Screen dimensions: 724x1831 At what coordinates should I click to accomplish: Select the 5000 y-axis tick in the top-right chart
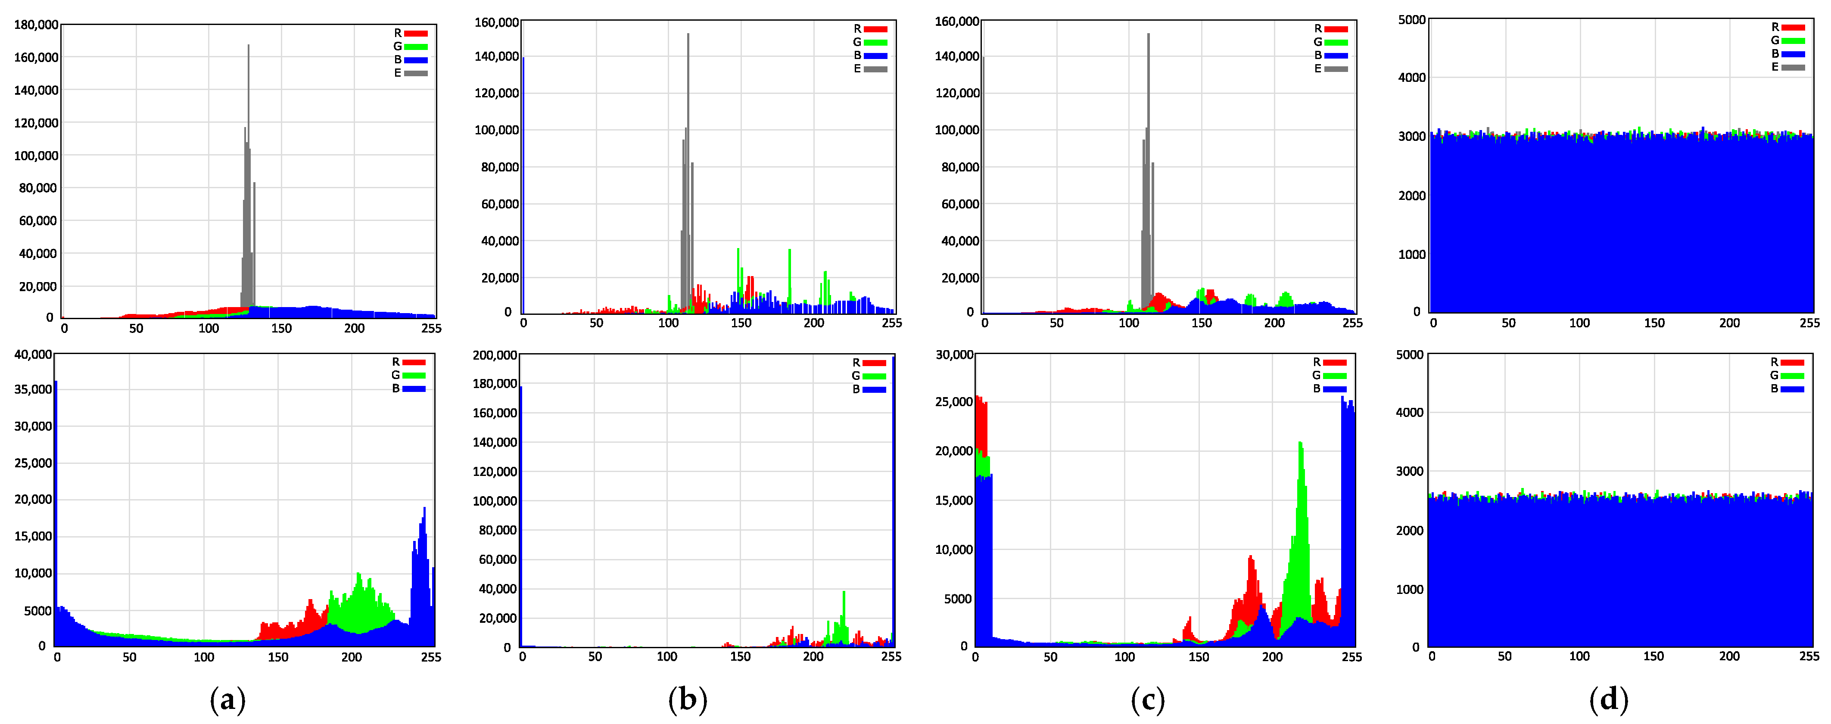(1412, 20)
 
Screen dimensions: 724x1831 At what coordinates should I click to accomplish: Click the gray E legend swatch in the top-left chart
(416, 73)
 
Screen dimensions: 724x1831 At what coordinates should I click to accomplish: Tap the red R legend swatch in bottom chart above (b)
(874, 363)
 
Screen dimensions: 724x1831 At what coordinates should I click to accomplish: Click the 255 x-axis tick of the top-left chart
(431, 328)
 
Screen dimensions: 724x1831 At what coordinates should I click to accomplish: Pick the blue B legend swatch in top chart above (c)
(1336, 56)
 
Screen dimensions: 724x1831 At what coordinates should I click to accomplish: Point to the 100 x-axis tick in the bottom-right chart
(1579, 656)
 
